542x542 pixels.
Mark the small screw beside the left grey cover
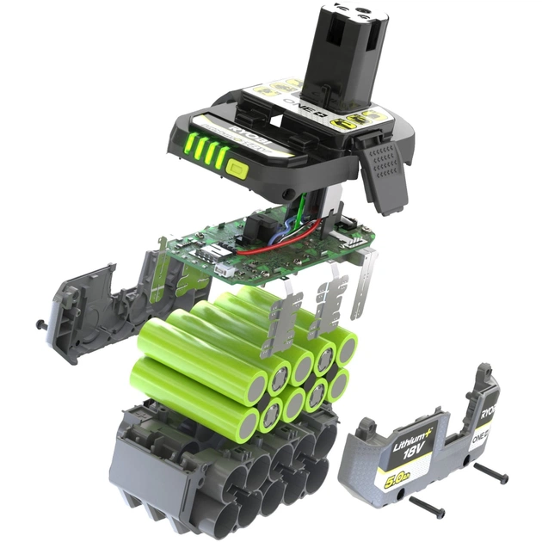coord(41,323)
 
